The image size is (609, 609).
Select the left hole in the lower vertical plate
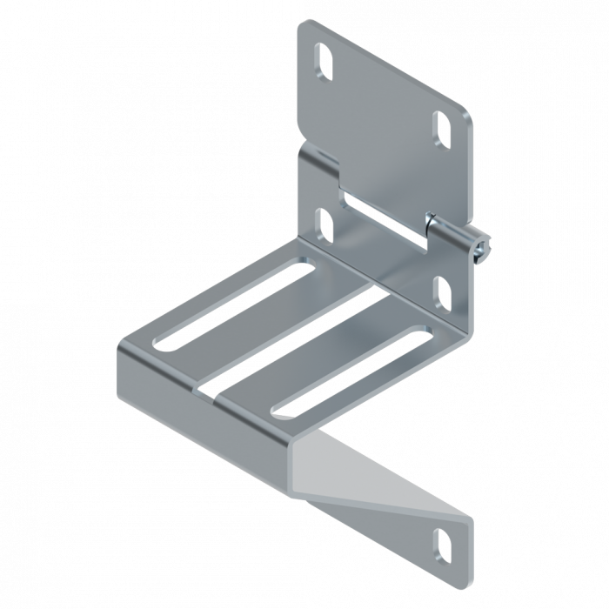point(326,224)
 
